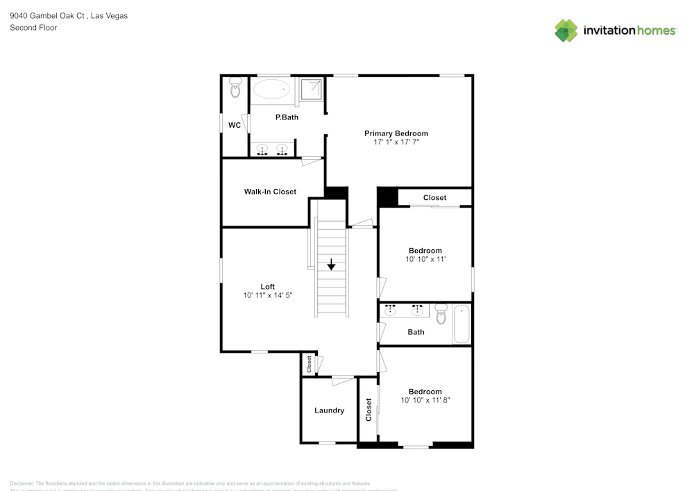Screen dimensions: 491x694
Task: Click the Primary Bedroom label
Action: click(396, 133)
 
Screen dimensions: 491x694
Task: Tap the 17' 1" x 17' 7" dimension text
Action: click(396, 142)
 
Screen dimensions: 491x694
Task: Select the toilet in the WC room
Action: click(235, 88)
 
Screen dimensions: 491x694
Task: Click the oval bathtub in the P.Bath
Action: click(271, 88)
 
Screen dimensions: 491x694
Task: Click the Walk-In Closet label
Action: click(270, 192)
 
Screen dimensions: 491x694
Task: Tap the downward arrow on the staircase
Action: click(332, 265)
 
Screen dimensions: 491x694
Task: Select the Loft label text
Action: click(268, 287)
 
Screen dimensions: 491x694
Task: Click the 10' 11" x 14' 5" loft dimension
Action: click(268, 295)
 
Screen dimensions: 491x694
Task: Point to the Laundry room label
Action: click(329, 410)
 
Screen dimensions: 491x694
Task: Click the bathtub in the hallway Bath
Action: click(462, 325)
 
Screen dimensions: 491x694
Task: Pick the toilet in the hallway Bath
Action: click(441, 313)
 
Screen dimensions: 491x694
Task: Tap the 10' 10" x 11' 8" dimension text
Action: click(425, 400)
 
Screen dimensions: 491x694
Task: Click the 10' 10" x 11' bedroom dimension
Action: click(425, 259)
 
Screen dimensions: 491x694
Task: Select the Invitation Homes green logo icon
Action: click(566, 31)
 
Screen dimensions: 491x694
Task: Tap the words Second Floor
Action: click(33, 28)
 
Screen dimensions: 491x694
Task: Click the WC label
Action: click(235, 126)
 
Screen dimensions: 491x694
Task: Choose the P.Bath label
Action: click(287, 117)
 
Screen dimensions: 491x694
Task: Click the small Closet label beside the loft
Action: click(309, 364)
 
